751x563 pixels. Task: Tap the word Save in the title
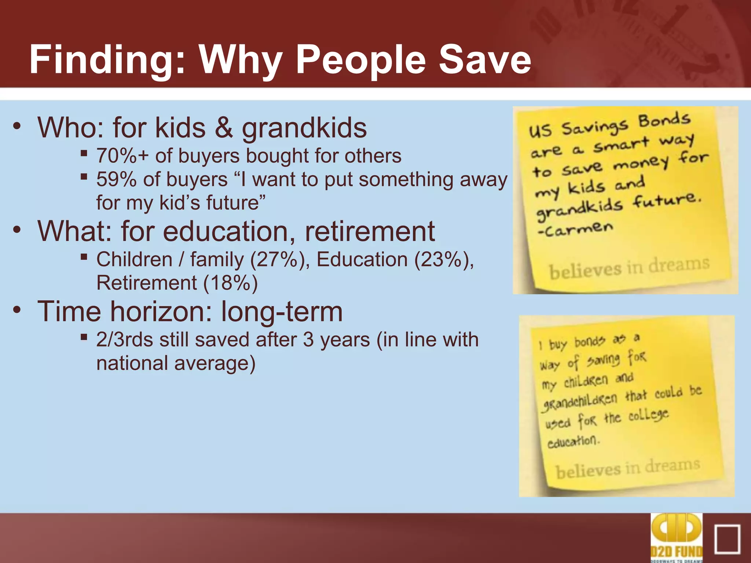click(x=484, y=59)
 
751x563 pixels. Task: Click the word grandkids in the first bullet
click(x=304, y=128)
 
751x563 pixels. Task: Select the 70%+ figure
click(x=122, y=156)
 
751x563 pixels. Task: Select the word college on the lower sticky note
click(x=648, y=415)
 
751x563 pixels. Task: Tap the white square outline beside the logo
click(x=727, y=539)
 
